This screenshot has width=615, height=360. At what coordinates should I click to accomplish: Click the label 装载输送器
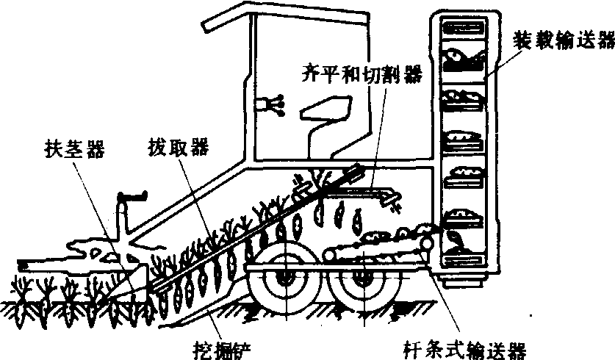coord(563,39)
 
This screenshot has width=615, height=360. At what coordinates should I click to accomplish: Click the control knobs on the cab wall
coord(273,106)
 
